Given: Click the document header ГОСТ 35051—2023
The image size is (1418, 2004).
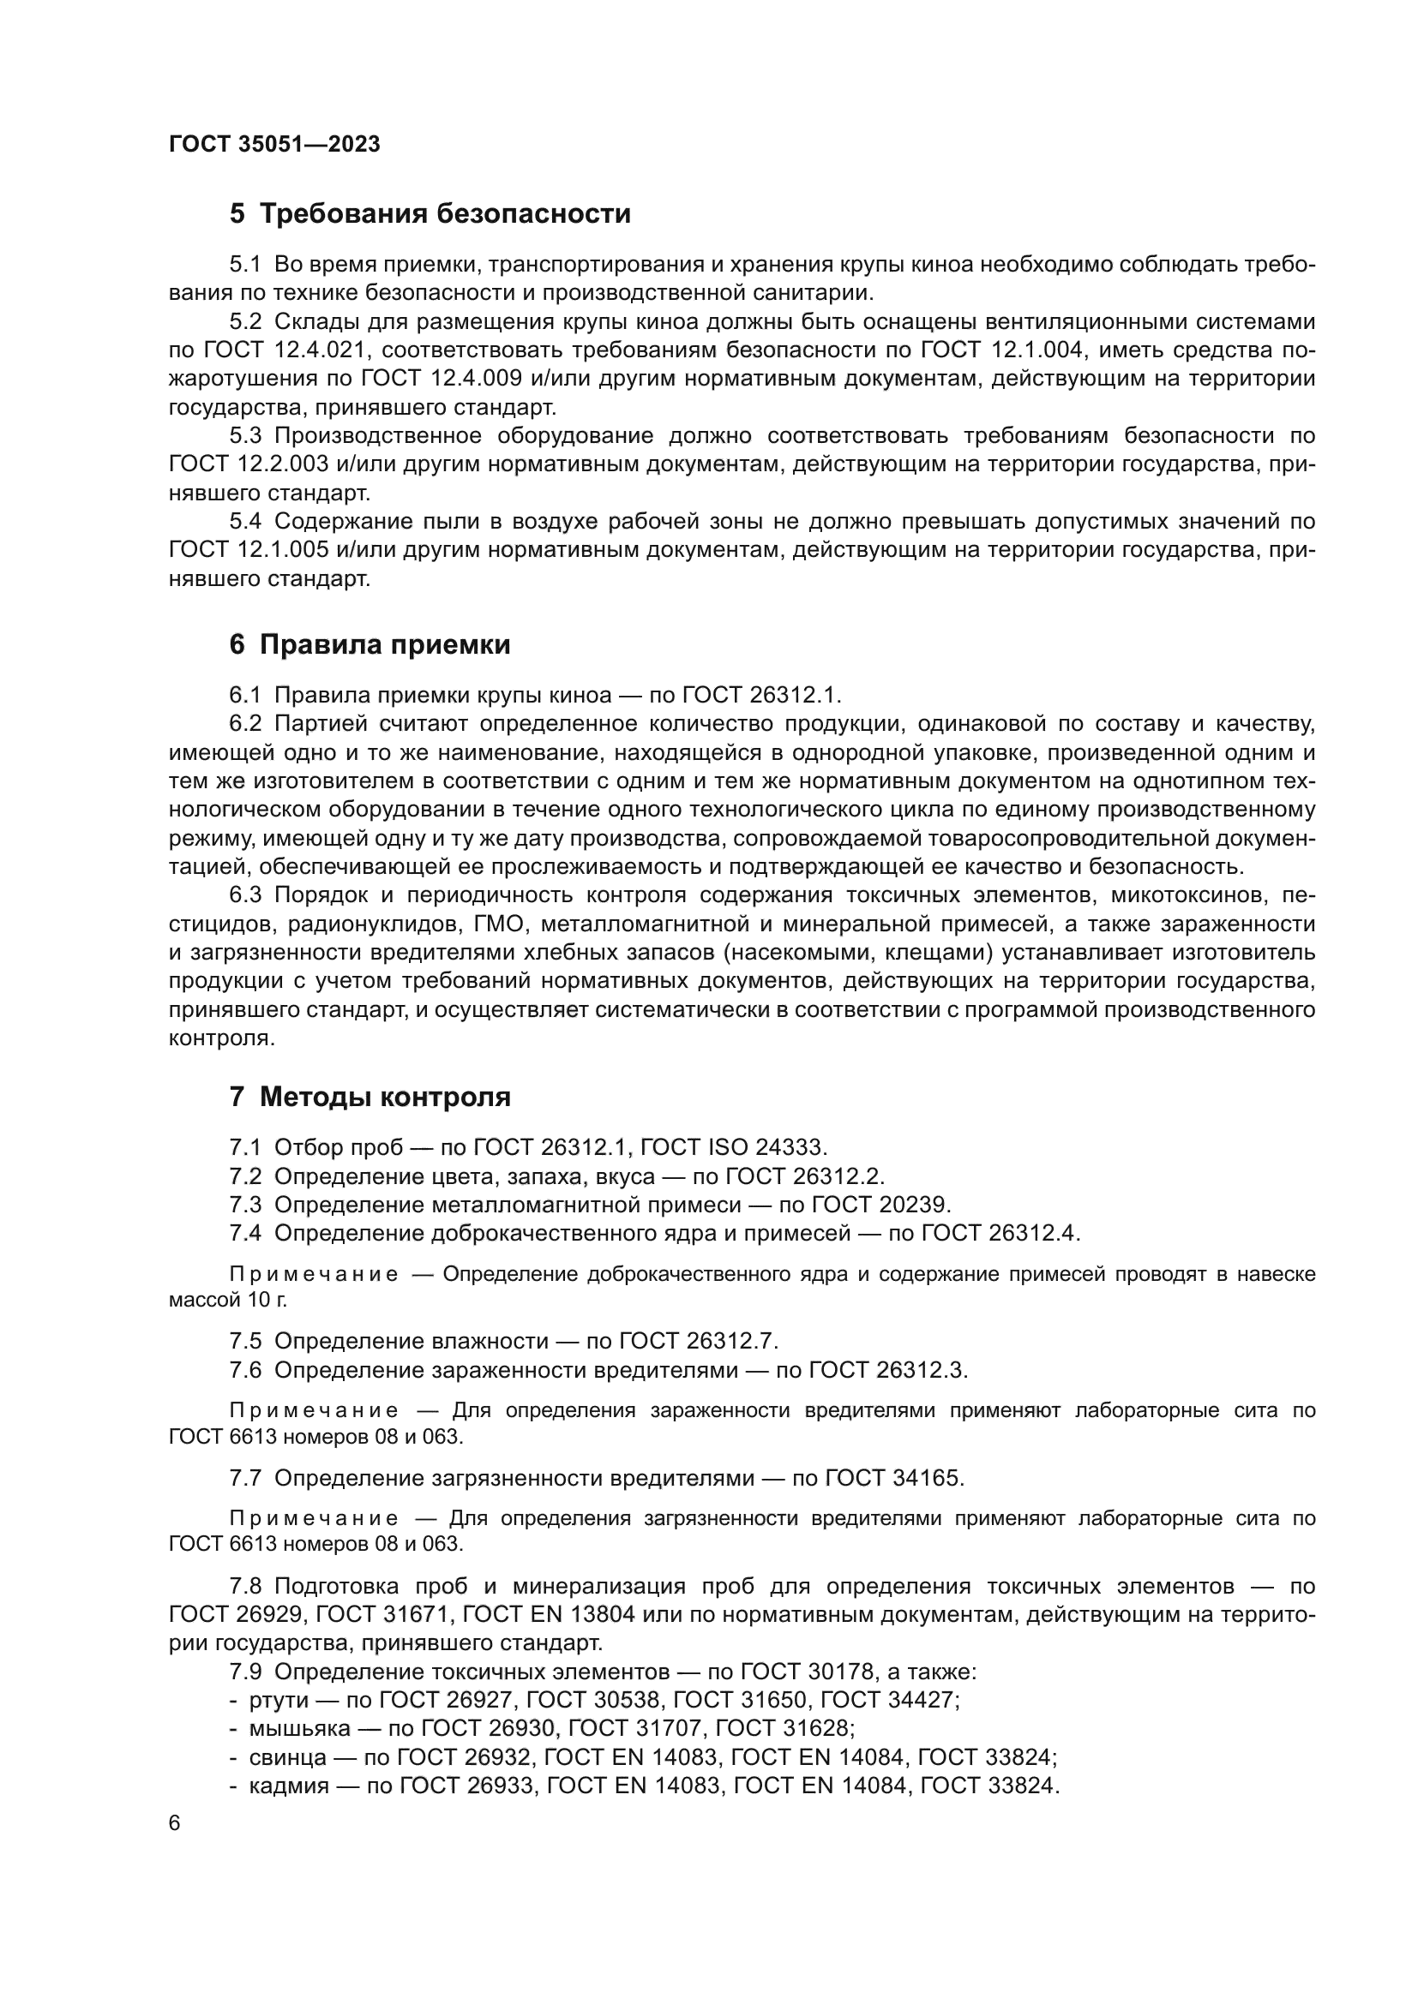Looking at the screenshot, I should pyautogui.click(x=274, y=144).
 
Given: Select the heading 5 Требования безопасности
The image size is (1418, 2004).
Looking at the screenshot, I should pyautogui.click(x=430, y=213).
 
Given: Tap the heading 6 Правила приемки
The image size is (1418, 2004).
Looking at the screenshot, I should pyautogui.click(x=370, y=644).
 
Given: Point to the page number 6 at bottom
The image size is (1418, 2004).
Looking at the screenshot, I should pyautogui.click(x=175, y=1823).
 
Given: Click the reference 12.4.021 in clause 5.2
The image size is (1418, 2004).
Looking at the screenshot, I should pyautogui.click(x=321, y=350).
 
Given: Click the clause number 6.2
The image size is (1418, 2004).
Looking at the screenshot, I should pyautogui.click(x=245, y=724).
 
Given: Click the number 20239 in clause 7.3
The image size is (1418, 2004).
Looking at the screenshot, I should pyautogui.click(x=911, y=1205).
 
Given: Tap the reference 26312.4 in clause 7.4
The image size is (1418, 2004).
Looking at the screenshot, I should pyautogui.click(x=1035, y=1233).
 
